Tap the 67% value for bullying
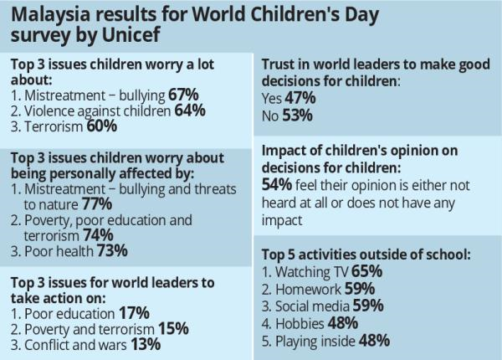pyautogui.click(x=184, y=95)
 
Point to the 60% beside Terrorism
pyautogui.click(x=100, y=126)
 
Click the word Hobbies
pyautogui.click(x=302, y=323)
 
